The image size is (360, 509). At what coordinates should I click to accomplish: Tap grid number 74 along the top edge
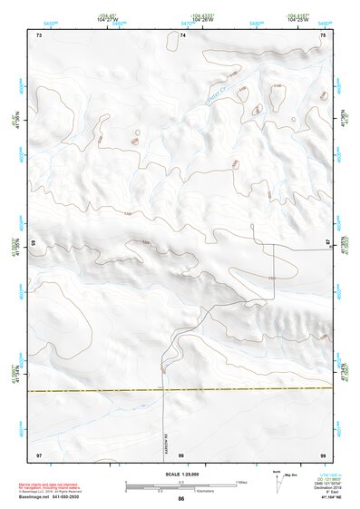182,34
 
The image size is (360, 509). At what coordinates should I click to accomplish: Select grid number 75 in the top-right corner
323,34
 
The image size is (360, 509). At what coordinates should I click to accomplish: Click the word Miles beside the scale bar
240,481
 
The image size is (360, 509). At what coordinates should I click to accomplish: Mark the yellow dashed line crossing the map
181,390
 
